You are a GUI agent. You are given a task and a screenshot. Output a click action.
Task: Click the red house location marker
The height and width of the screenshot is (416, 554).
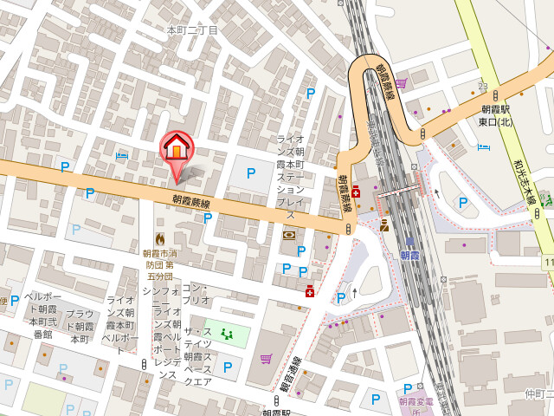(x=176, y=147)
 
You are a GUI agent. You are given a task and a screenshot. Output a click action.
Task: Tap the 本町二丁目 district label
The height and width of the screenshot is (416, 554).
(x=192, y=29)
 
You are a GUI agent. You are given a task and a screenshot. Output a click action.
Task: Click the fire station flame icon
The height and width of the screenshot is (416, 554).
(x=158, y=237)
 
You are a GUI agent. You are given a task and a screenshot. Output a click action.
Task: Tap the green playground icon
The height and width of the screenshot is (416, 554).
(x=227, y=332)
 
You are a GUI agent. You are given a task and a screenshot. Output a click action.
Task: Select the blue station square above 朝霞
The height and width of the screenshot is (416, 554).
(x=409, y=243)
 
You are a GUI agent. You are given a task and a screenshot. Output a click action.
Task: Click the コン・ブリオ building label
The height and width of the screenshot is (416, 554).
(x=196, y=293)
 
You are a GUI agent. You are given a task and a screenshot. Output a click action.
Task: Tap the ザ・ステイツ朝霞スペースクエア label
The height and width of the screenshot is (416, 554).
(x=198, y=356)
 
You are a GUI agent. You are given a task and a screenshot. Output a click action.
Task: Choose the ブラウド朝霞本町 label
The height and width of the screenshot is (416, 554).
(x=80, y=327)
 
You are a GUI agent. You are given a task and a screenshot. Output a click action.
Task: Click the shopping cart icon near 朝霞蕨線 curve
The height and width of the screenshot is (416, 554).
(x=401, y=83)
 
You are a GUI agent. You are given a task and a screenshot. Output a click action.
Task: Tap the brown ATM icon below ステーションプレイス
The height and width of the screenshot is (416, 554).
(x=288, y=234)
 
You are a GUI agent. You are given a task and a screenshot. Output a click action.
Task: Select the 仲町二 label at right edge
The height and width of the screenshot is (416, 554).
(x=538, y=394)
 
